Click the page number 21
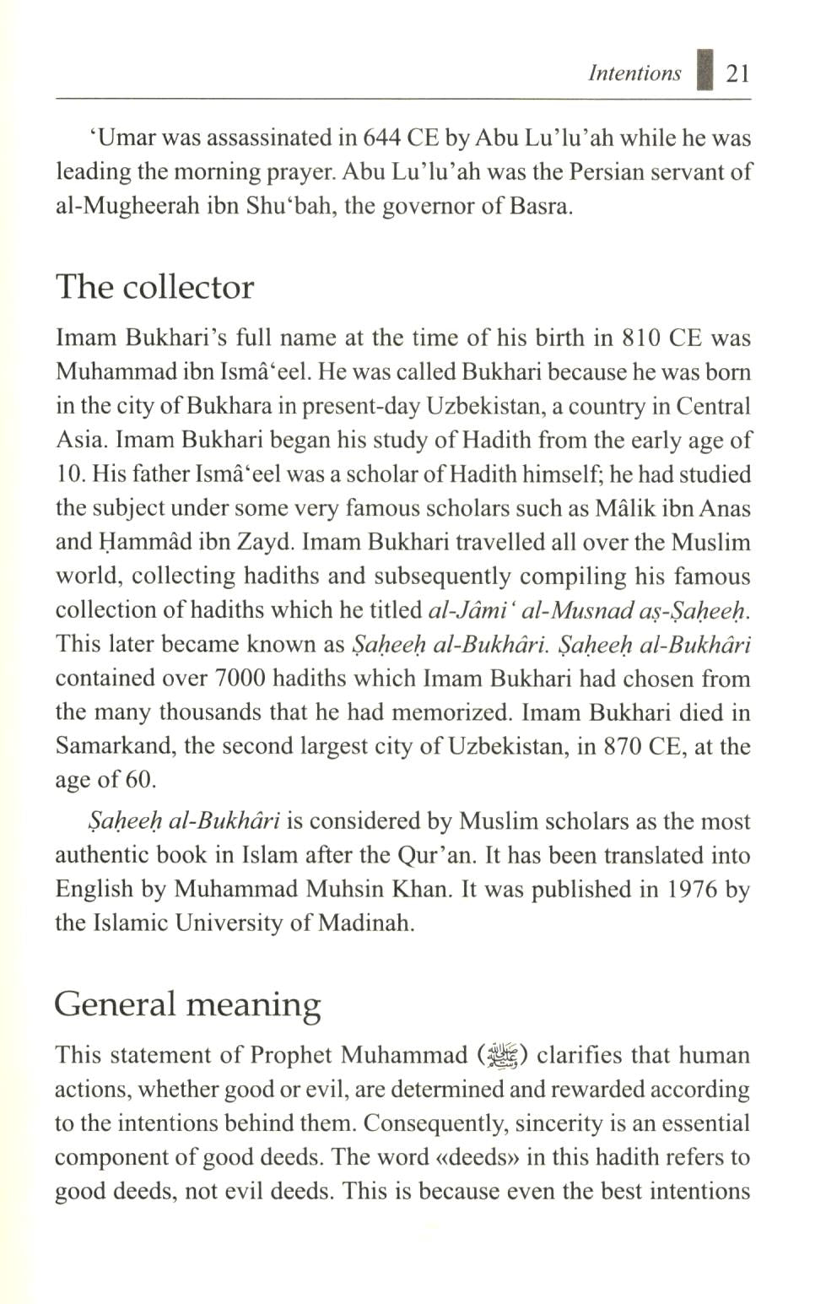[x=737, y=74]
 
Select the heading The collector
[x=154, y=287]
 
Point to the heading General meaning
[x=187, y=1004]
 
